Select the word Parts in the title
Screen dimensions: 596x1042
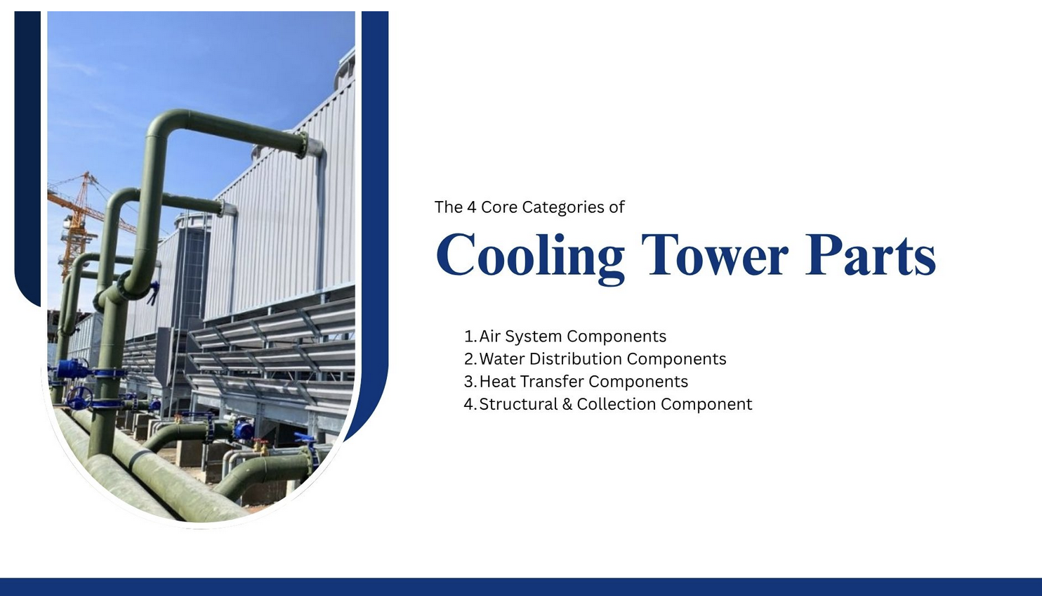click(870, 254)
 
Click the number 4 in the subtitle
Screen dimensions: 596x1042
click(471, 207)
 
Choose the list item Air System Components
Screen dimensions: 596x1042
click(572, 337)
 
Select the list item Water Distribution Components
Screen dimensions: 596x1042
click(602, 359)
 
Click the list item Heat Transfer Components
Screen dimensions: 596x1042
click(583, 382)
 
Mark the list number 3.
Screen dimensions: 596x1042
click(470, 382)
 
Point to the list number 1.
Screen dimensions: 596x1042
click(470, 337)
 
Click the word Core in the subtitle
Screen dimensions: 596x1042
click(499, 207)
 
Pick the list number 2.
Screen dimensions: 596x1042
click(470, 359)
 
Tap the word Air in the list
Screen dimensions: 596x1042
click(490, 337)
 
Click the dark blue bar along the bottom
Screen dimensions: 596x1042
click(521, 587)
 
